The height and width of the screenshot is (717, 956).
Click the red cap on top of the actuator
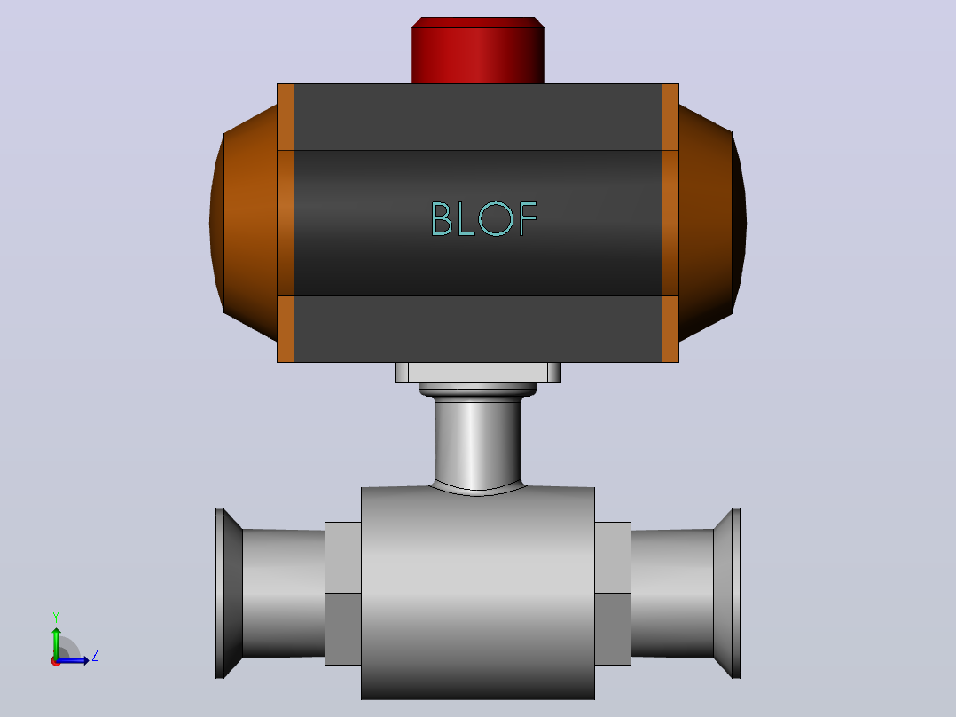[x=478, y=50]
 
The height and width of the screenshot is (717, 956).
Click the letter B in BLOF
[x=442, y=218]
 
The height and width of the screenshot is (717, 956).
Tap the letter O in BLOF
[x=496, y=218]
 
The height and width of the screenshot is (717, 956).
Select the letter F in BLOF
[x=528, y=218]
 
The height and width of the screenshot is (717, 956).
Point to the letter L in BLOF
[x=466, y=218]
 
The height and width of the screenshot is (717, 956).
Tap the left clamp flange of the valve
[x=229, y=593]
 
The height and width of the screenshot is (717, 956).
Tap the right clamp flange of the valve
[x=727, y=593]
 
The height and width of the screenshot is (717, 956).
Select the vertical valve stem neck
[x=478, y=443]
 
